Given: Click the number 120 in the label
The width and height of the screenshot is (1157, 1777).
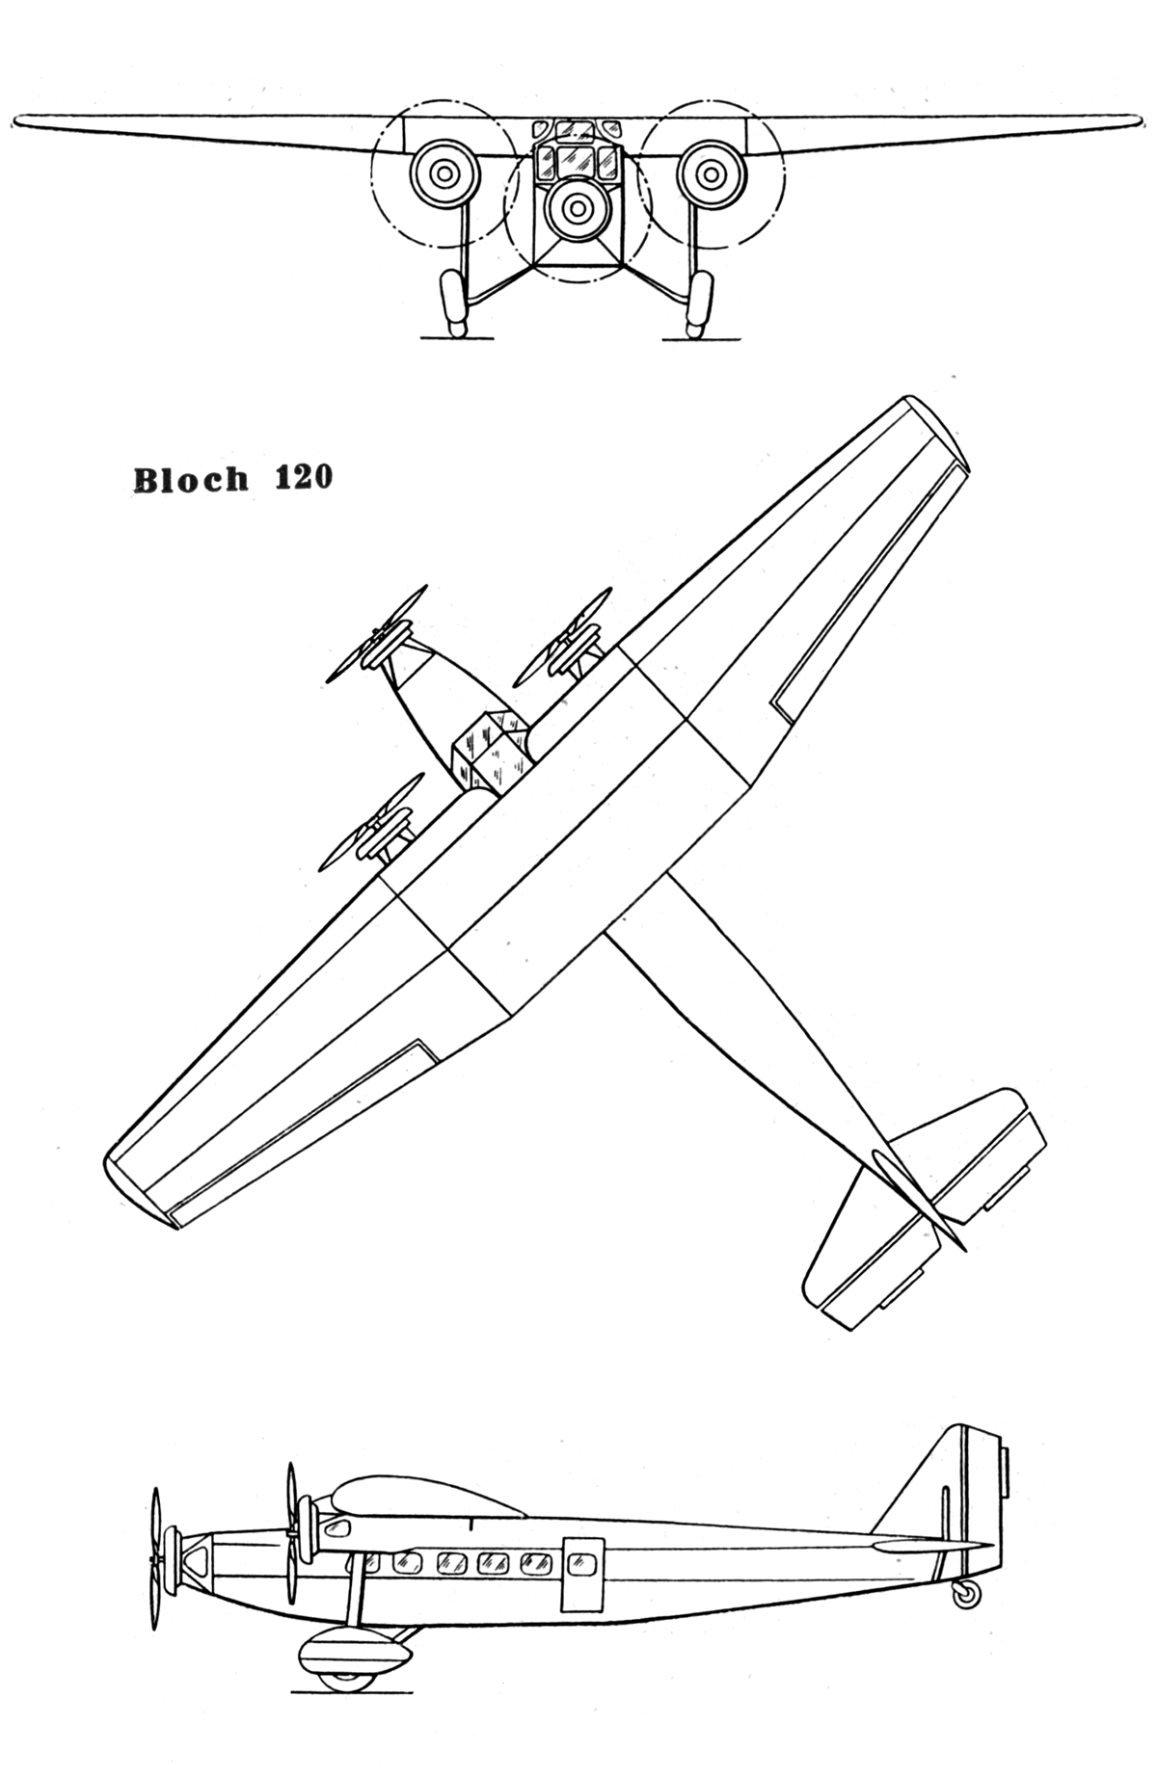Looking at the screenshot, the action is pyautogui.click(x=304, y=478).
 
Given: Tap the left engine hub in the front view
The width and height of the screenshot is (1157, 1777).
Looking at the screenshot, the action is pyautogui.click(x=444, y=173).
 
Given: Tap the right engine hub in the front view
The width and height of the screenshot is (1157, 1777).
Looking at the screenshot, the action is pyautogui.click(x=713, y=173).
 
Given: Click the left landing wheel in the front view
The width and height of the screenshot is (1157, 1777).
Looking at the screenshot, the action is pyautogui.click(x=451, y=303).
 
